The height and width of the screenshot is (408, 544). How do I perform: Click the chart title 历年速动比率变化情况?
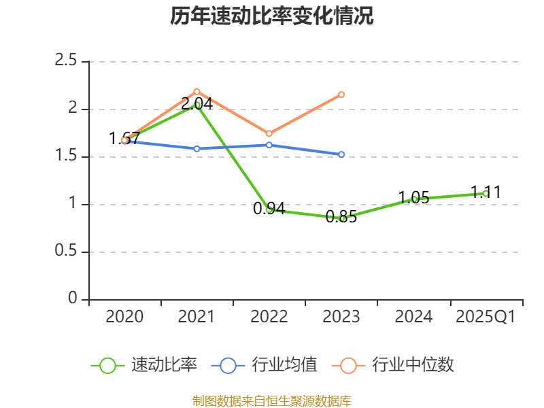point(272,16)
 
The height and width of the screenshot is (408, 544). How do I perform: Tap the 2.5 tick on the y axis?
point(66,61)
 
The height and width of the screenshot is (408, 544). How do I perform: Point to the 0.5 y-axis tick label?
point(66,252)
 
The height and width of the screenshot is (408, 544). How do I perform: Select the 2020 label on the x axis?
point(124,316)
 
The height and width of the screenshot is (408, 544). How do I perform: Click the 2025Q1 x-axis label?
point(486,316)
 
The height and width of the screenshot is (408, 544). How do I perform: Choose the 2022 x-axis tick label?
point(269,316)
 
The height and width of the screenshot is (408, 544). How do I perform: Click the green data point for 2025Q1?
point(486,194)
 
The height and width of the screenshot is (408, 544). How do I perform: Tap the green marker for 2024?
point(413,199)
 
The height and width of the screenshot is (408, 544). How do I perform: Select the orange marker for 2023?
point(341,95)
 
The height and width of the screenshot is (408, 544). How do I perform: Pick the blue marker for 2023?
point(341,154)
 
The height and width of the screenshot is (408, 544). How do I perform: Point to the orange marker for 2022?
point(269,133)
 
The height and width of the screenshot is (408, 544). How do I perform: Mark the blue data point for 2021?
point(197,148)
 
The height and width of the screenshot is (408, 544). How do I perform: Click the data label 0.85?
point(341,218)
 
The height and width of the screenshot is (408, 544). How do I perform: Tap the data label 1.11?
point(486,192)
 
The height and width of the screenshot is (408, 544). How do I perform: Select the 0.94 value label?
point(269,209)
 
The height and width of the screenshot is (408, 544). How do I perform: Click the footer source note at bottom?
point(272,401)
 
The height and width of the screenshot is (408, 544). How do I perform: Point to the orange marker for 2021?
point(197,91)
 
